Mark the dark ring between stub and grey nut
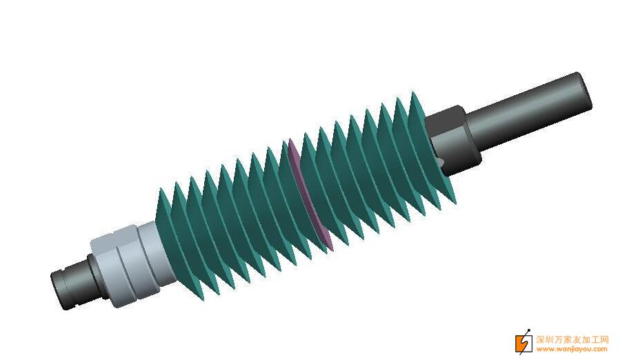(94, 276)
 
